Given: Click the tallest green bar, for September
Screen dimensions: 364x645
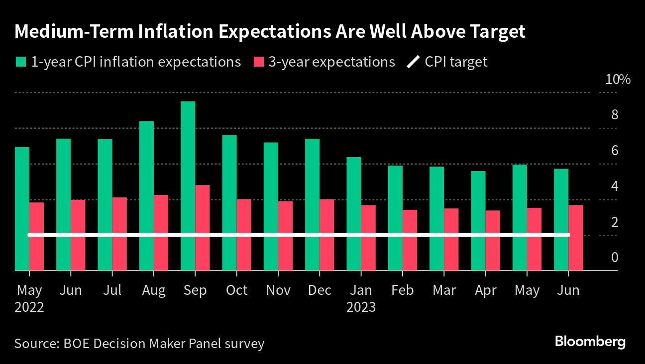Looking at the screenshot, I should [188, 186].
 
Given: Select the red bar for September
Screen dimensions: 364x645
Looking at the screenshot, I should [202, 228].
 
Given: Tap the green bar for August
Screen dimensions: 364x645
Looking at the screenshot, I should [146, 196].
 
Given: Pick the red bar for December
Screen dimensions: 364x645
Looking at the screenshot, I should [326, 235].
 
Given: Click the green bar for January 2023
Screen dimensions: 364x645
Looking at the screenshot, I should [354, 214].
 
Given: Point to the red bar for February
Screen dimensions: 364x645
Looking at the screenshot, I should [410, 240].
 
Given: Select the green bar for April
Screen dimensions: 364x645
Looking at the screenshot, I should [478, 221].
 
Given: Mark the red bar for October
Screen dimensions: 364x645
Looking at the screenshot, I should [243, 235].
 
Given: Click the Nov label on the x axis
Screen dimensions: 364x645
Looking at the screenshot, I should [278, 290].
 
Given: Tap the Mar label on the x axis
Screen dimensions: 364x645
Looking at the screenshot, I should [444, 290].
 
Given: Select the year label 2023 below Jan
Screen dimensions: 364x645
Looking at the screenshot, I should [360, 307].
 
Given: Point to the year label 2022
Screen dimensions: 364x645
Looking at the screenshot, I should [29, 307].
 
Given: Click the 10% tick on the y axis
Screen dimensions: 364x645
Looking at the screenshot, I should [617, 80].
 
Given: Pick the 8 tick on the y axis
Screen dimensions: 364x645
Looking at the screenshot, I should [614, 115].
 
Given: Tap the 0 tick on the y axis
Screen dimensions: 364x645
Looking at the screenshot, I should [614, 258].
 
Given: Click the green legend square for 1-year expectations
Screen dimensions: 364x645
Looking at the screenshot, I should [20, 62].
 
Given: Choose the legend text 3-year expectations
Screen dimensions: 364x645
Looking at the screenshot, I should [331, 62].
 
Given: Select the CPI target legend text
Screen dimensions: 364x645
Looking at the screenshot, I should [456, 62].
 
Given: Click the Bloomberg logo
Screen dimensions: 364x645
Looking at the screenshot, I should [590, 342].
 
